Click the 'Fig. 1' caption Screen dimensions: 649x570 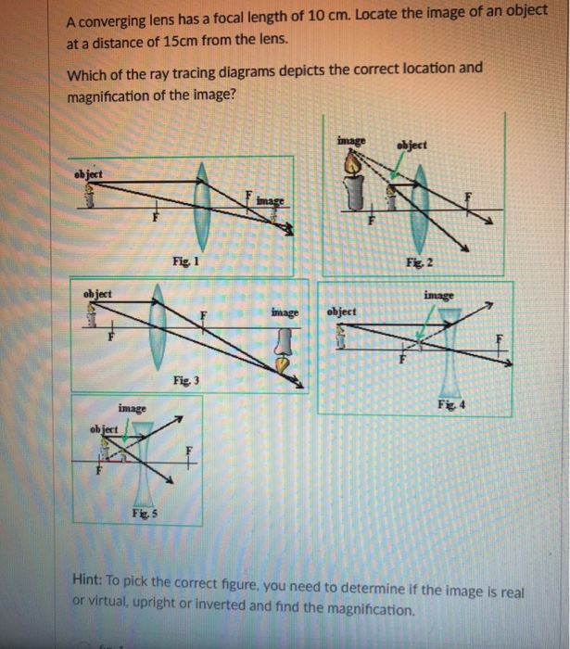(x=182, y=261)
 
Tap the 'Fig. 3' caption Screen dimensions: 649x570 (x=185, y=381)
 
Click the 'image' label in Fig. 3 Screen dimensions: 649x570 (x=285, y=313)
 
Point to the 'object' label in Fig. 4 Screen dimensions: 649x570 (x=342, y=312)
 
